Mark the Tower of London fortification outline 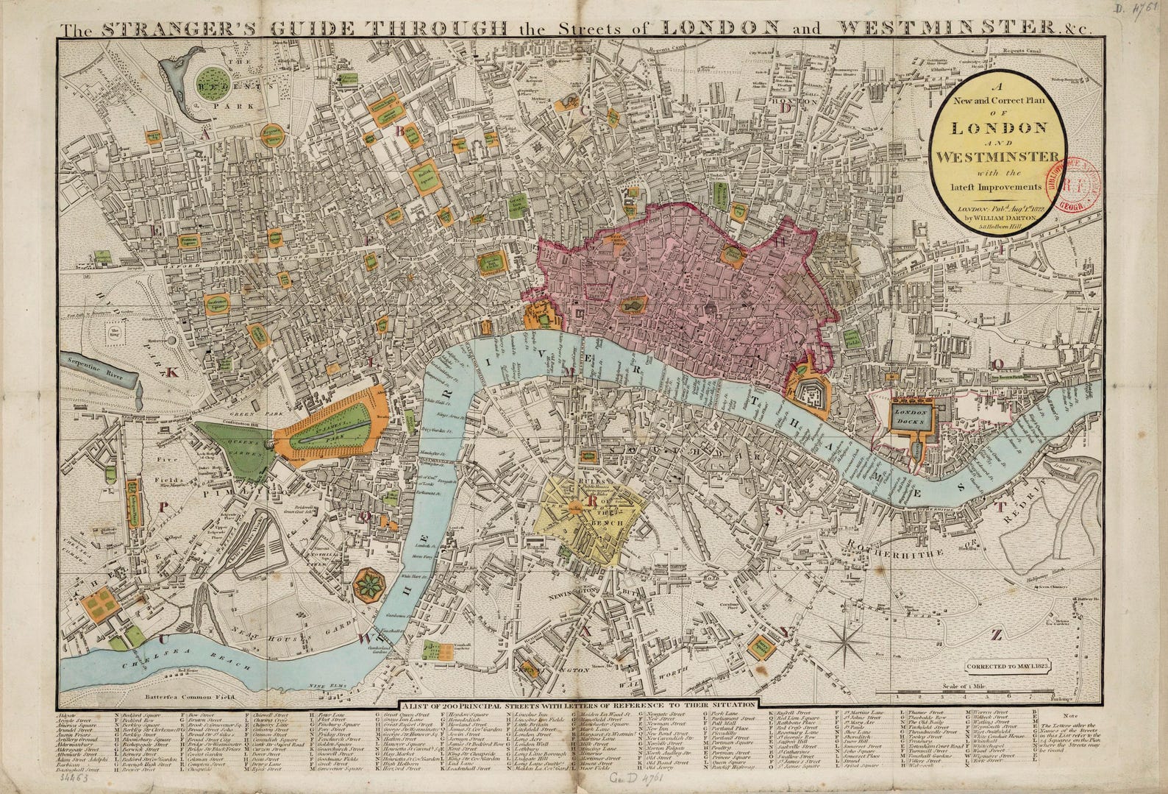click(809, 389)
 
